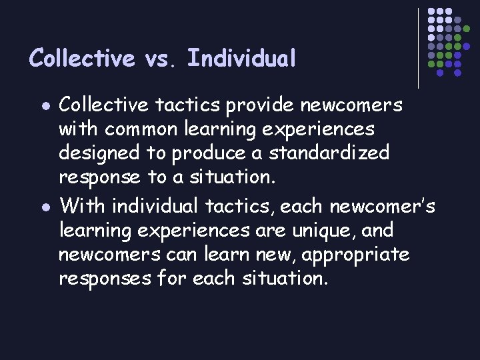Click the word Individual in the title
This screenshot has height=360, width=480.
[241, 59]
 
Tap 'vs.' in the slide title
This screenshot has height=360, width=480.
[161, 59]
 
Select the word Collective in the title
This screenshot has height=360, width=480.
[82, 59]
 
